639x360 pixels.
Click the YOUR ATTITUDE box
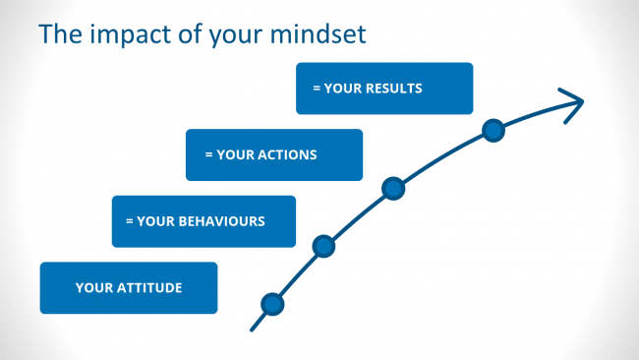(128, 287)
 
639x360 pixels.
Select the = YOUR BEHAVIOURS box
(203, 221)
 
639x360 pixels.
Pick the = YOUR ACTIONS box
(274, 154)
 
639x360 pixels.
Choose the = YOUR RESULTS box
(384, 89)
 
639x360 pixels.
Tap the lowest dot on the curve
(273, 305)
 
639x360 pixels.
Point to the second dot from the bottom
(323, 247)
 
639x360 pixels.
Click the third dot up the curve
(393, 188)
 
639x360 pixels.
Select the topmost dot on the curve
(494, 131)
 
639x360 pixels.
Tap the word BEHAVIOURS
(221, 221)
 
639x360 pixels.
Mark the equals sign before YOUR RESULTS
(317, 89)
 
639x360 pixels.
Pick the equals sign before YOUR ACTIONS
(208, 154)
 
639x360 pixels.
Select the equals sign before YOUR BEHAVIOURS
(129, 221)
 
